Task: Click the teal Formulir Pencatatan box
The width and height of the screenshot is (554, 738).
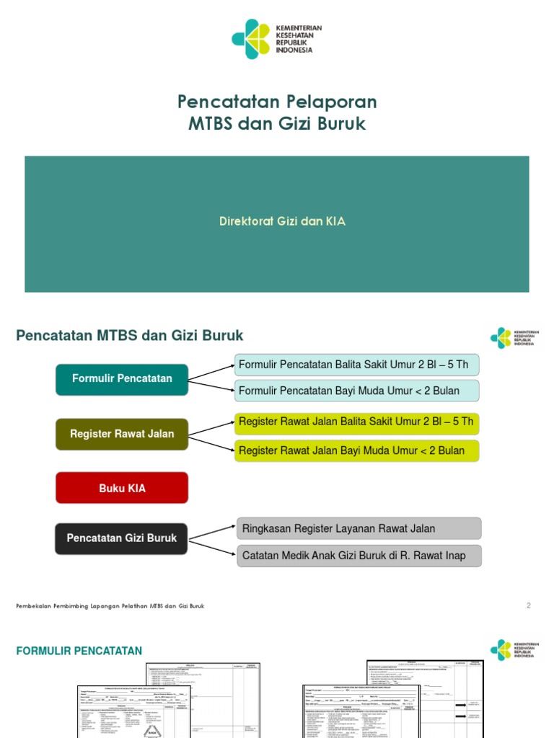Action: point(122,379)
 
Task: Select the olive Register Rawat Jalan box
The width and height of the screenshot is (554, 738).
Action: point(122,434)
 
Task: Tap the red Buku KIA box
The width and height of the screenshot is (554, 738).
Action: point(122,488)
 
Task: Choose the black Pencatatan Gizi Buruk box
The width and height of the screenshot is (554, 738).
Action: point(122,538)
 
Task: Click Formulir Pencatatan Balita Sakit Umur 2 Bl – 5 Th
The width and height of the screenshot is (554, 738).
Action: point(356,365)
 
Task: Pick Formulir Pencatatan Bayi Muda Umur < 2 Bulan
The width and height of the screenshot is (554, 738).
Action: point(356,391)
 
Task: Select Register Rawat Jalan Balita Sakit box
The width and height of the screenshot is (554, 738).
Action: point(356,422)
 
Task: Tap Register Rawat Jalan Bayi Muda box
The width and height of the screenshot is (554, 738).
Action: point(356,450)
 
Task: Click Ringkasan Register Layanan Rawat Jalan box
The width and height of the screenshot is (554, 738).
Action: point(359,528)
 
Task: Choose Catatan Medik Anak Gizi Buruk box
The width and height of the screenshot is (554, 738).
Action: point(359,556)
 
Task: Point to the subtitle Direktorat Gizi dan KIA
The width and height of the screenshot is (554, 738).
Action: point(283,222)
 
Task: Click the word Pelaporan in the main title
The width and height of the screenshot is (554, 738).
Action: point(327,102)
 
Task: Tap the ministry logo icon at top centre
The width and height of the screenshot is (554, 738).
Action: point(250,39)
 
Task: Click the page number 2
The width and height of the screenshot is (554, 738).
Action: point(528,606)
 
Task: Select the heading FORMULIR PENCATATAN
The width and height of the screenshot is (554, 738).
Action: point(79,652)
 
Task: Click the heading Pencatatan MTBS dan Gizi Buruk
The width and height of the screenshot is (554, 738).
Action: point(130,336)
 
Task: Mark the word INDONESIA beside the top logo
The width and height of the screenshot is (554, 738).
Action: point(294,51)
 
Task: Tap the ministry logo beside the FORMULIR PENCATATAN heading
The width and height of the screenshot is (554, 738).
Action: point(501,649)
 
